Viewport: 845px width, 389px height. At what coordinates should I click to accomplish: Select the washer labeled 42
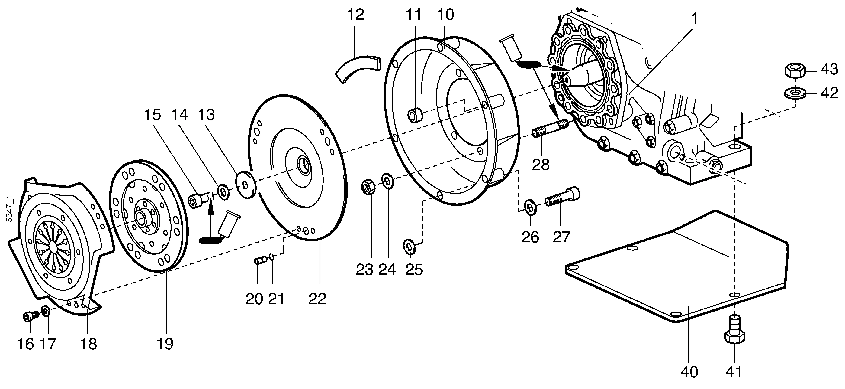(x=794, y=93)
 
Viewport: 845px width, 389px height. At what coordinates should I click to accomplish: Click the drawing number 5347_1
(x=10, y=209)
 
